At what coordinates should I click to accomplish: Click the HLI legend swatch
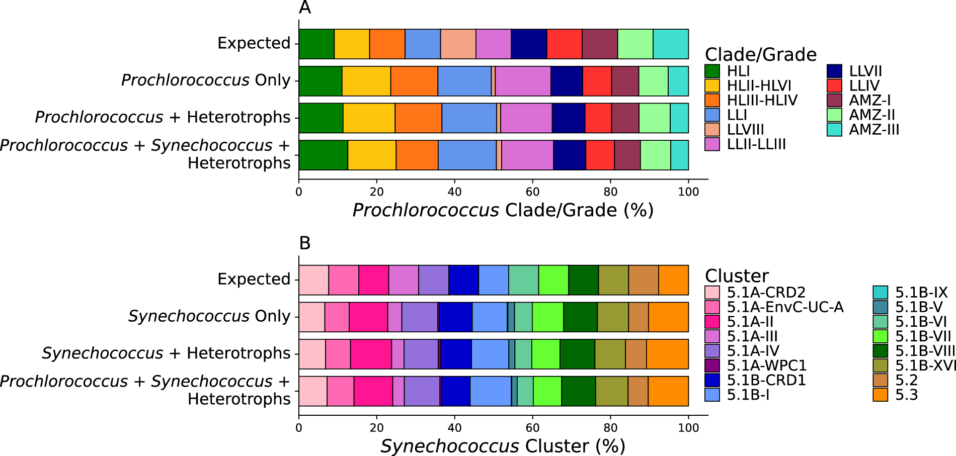[712, 71]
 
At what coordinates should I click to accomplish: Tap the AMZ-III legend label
[874, 130]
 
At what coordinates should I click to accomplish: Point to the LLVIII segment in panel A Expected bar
[458, 44]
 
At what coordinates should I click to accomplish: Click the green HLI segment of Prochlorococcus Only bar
[320, 81]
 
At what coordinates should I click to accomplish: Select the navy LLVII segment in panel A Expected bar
[529, 44]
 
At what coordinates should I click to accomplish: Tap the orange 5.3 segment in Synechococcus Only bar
[668, 317]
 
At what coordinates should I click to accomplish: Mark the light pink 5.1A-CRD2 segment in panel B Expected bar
[313, 280]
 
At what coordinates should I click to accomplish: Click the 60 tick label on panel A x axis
[532, 192]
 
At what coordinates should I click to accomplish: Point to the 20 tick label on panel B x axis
[376, 428]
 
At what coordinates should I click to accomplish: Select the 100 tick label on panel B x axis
[688, 428]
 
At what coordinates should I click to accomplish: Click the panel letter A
[305, 8]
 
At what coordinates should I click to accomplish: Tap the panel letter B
[305, 243]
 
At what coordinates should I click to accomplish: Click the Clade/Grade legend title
[760, 54]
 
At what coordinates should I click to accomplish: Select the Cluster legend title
[737, 276]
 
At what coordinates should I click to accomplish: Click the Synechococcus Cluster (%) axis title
[503, 446]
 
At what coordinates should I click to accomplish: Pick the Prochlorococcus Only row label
[206, 80]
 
